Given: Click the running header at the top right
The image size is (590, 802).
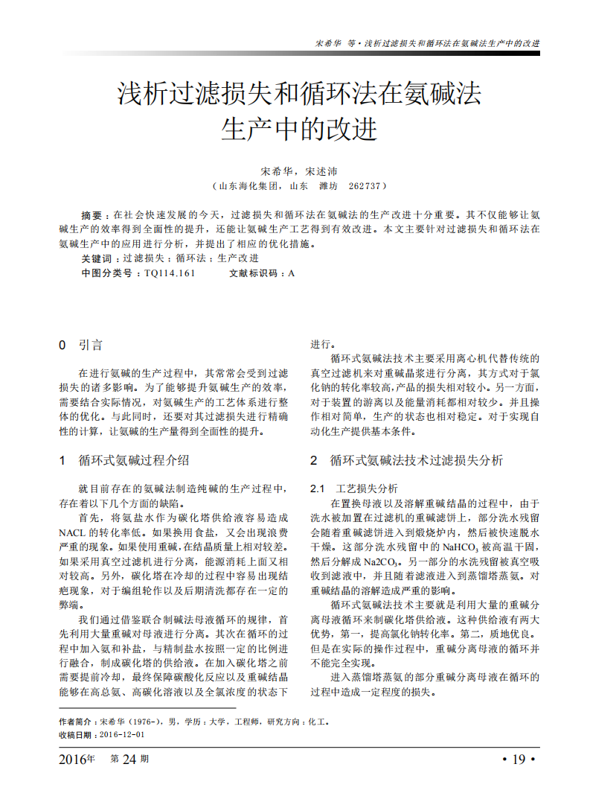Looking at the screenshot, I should pos(428,43).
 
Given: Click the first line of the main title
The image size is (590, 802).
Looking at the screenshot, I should pos(300,95).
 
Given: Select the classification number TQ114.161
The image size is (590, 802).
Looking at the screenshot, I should pos(170,273).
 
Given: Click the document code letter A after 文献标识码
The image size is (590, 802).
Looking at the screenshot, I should pos(292,273).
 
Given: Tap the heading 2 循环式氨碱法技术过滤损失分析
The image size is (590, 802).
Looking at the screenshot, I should pos(406,461).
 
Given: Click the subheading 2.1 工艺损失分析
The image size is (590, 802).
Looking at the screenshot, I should pos(353,489).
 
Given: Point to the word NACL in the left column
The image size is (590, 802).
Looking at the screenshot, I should pos(73,533).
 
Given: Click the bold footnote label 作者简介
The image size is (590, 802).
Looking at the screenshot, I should pos(77,722).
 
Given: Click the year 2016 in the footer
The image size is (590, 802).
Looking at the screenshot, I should pos(73,759).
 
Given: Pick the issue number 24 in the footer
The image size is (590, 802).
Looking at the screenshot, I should pos(129,759).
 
